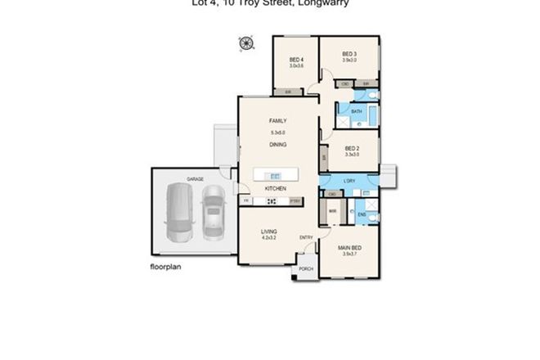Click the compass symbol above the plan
244,43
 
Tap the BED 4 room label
295,60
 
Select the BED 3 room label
349,54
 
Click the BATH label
357,111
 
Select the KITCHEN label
275,189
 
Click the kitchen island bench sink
275,175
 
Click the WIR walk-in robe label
333,211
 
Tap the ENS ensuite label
362,214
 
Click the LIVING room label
269,232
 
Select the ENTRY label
306,238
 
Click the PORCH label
306,268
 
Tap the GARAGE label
195,178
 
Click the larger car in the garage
178,214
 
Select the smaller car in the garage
214,213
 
